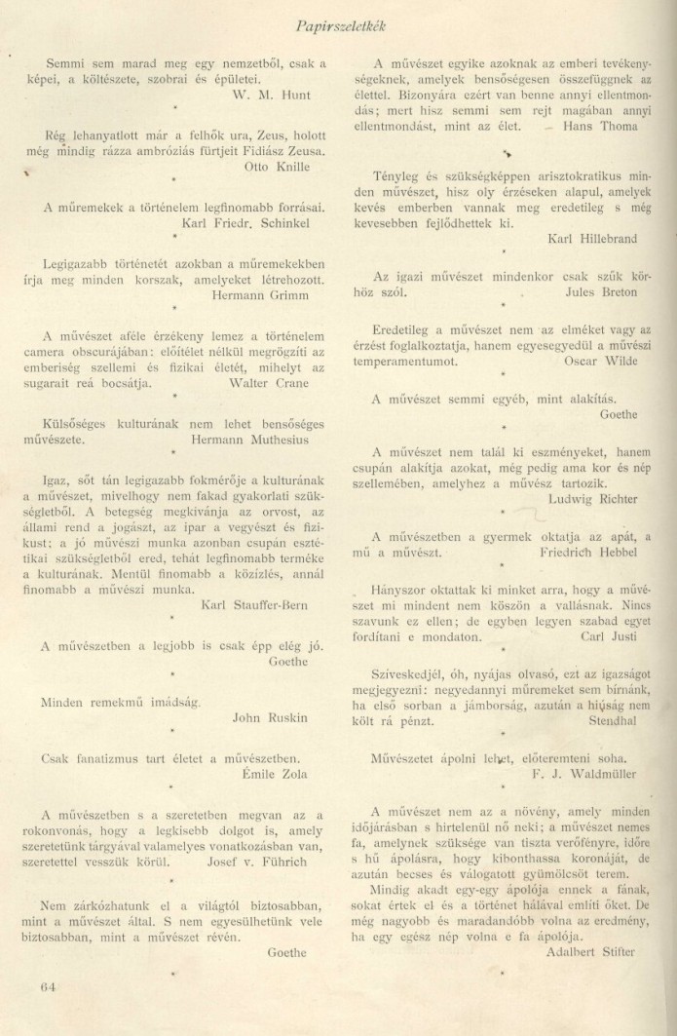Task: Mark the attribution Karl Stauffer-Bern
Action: point(254,604)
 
